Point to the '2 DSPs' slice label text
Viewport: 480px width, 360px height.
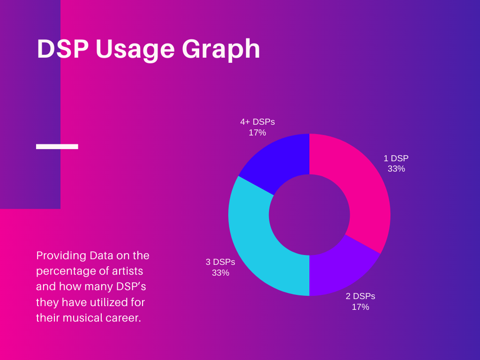click(360, 296)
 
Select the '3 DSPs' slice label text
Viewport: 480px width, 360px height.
click(220, 262)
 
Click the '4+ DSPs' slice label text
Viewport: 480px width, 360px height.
click(257, 122)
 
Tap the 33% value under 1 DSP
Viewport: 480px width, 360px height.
click(396, 169)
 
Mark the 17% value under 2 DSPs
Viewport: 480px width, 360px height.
click(360, 307)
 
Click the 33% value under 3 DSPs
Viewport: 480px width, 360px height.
click(220, 272)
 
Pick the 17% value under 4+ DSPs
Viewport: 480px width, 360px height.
click(257, 133)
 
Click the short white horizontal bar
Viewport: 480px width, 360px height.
click(57, 147)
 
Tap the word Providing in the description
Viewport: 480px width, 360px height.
click(55, 256)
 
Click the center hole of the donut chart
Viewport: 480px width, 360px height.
click(309, 215)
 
